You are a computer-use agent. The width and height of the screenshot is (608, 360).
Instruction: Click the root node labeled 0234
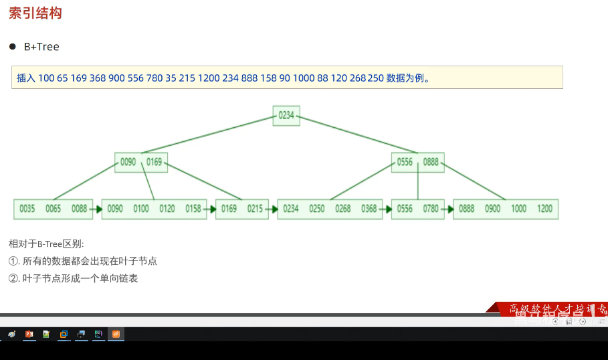pyautogui.click(x=286, y=115)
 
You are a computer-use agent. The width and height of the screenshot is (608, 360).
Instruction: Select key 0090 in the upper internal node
pyautogui.click(x=128, y=162)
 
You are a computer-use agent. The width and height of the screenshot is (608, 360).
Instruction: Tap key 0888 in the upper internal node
pyautogui.click(x=431, y=162)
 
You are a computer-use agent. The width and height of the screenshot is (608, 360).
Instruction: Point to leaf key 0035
pyautogui.click(x=27, y=209)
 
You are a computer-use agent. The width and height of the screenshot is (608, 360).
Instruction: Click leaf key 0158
pyautogui.click(x=193, y=209)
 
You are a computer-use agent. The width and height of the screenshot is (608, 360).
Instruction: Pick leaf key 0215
pyautogui.click(x=255, y=209)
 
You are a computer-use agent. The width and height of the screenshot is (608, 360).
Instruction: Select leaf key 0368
pyautogui.click(x=369, y=209)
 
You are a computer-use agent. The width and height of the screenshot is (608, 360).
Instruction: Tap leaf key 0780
pyautogui.click(x=431, y=209)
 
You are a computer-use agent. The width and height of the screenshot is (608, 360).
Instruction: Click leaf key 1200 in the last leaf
pyautogui.click(x=545, y=209)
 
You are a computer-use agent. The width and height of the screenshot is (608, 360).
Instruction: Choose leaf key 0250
pyautogui.click(x=317, y=209)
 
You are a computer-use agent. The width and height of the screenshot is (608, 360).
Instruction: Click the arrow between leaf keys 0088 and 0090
pyautogui.click(x=95, y=209)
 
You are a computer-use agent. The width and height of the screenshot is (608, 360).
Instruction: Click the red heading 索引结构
pyautogui.click(x=35, y=13)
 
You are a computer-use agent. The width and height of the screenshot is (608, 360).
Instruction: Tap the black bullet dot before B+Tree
pyautogui.click(x=12, y=46)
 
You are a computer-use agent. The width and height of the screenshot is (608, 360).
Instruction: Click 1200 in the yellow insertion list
pyautogui.click(x=209, y=78)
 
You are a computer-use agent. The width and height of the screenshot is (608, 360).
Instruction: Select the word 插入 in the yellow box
pyautogui.click(x=25, y=78)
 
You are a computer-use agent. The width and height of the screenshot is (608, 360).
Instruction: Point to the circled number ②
pyautogui.click(x=13, y=278)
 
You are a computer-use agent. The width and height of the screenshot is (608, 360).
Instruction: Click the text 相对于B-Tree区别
pyautogui.click(x=46, y=244)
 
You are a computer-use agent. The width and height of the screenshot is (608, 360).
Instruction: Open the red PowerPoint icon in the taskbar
pyautogui.click(x=29, y=334)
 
